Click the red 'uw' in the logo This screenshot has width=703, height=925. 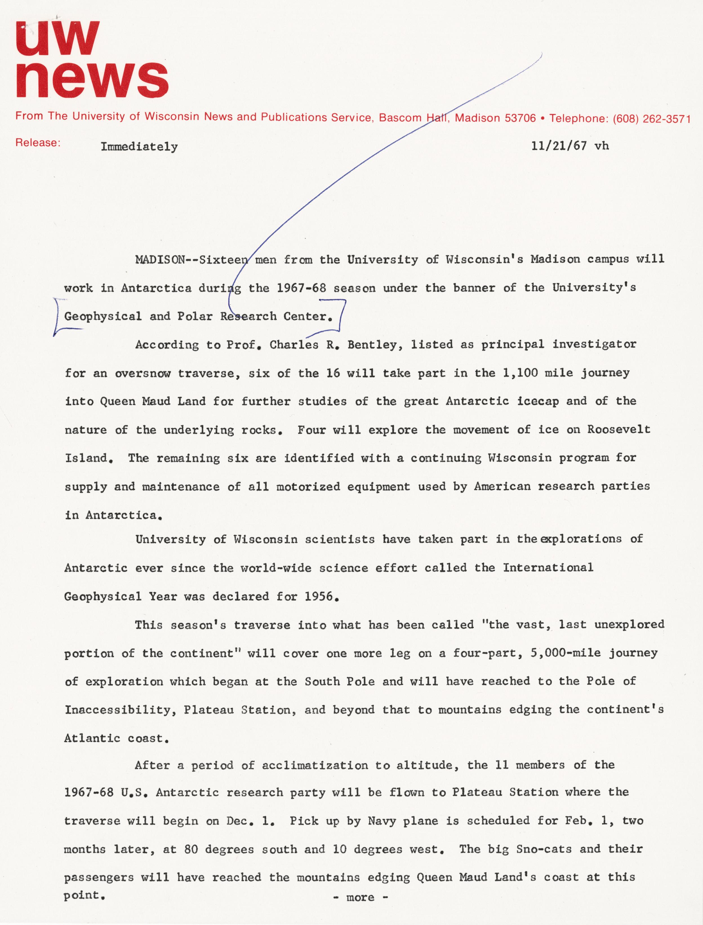(58, 39)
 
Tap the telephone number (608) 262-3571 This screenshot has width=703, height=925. (651, 119)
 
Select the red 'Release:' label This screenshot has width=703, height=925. (38, 143)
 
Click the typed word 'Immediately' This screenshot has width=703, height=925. (139, 147)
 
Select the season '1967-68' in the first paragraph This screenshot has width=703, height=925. (301, 288)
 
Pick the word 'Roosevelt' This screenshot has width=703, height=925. (619, 429)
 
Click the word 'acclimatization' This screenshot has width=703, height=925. (315, 766)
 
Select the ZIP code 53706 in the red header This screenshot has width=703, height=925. (520, 118)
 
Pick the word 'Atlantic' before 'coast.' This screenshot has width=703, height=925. (92, 738)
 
